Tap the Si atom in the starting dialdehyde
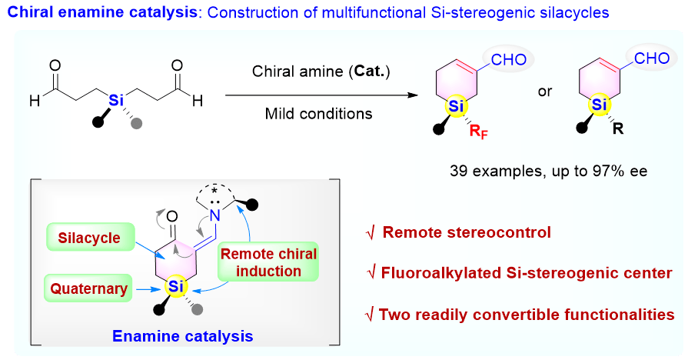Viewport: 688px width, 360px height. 115,99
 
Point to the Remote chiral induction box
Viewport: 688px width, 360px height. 268,262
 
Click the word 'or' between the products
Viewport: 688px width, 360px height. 545,90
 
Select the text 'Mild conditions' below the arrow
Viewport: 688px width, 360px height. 319,114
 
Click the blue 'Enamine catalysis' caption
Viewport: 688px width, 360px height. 181,335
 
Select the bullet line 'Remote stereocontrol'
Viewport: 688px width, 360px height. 467,232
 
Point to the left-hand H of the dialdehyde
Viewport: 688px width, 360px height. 33,99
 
